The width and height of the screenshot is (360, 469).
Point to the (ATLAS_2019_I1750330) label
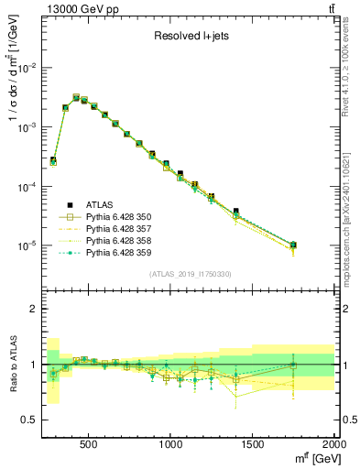click(190, 274)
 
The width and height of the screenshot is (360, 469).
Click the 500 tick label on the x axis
click(89, 443)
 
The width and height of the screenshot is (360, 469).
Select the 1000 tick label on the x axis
click(171, 443)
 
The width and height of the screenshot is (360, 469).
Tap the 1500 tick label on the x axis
click(253, 443)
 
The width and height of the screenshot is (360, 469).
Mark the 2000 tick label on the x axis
click(333, 443)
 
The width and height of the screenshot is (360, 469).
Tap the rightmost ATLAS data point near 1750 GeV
click(293, 245)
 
